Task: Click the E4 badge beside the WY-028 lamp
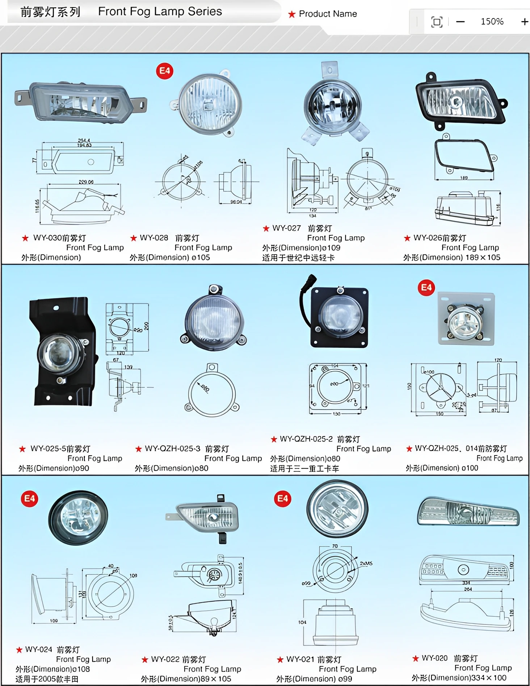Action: [165, 71]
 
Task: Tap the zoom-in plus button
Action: [524, 22]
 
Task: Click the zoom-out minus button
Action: [460, 22]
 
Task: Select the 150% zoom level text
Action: [492, 22]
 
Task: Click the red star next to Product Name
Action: [292, 14]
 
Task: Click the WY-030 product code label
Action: [47, 238]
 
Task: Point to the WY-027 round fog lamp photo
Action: [333, 103]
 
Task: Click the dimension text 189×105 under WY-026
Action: [483, 258]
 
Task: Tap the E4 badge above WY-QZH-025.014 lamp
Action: [426, 288]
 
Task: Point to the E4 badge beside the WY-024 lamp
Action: [29, 499]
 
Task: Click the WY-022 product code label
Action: [165, 659]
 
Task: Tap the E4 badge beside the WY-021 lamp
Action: [282, 499]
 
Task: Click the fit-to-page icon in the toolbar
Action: [437, 22]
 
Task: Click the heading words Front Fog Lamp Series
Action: [160, 12]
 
